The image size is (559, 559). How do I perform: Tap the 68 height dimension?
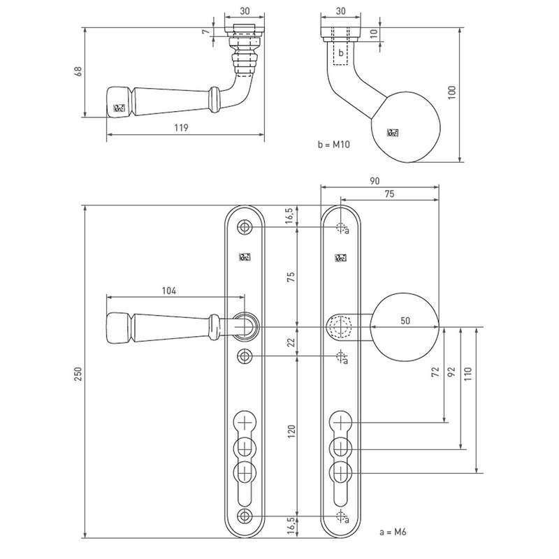tap(76, 73)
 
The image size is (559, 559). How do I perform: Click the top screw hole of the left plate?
tap(244, 228)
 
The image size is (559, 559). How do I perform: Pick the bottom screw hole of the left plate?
tap(244, 516)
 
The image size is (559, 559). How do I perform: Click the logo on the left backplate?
tap(244, 256)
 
